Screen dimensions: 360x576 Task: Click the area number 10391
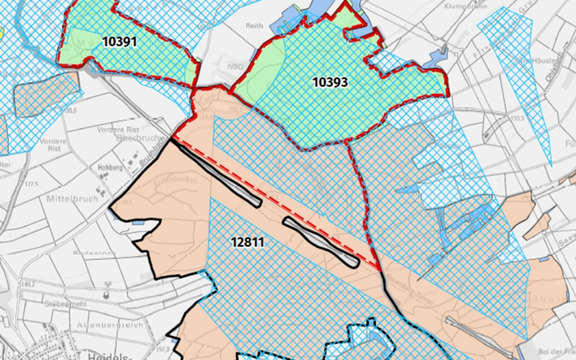click(121, 42)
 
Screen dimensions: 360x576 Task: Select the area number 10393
click(330, 82)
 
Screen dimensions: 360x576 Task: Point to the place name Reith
click(254, 26)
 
